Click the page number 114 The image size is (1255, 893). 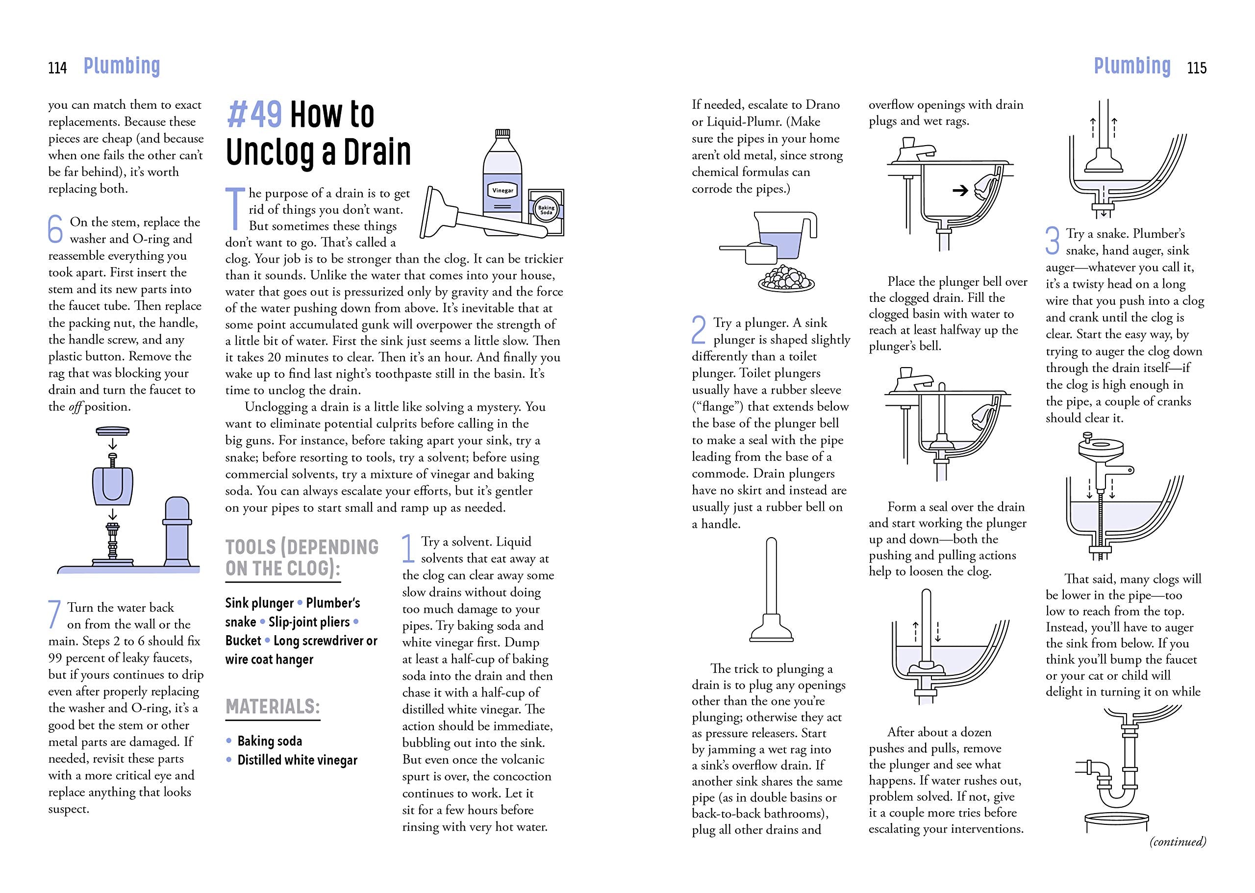click(x=58, y=68)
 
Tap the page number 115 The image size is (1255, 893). click(x=1197, y=68)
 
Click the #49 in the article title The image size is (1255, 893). click(x=254, y=114)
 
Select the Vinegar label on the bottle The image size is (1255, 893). click(x=502, y=190)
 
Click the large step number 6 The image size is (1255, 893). click(x=55, y=229)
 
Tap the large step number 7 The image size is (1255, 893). click(x=54, y=614)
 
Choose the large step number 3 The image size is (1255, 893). click(x=1052, y=241)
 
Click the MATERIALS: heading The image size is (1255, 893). click(x=273, y=707)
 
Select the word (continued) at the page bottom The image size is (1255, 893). click(x=1178, y=842)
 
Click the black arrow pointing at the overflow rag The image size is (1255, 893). click(x=960, y=191)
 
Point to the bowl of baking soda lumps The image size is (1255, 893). click(x=786, y=278)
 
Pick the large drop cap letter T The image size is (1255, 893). click(x=235, y=209)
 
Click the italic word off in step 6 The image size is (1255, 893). click(x=75, y=407)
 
